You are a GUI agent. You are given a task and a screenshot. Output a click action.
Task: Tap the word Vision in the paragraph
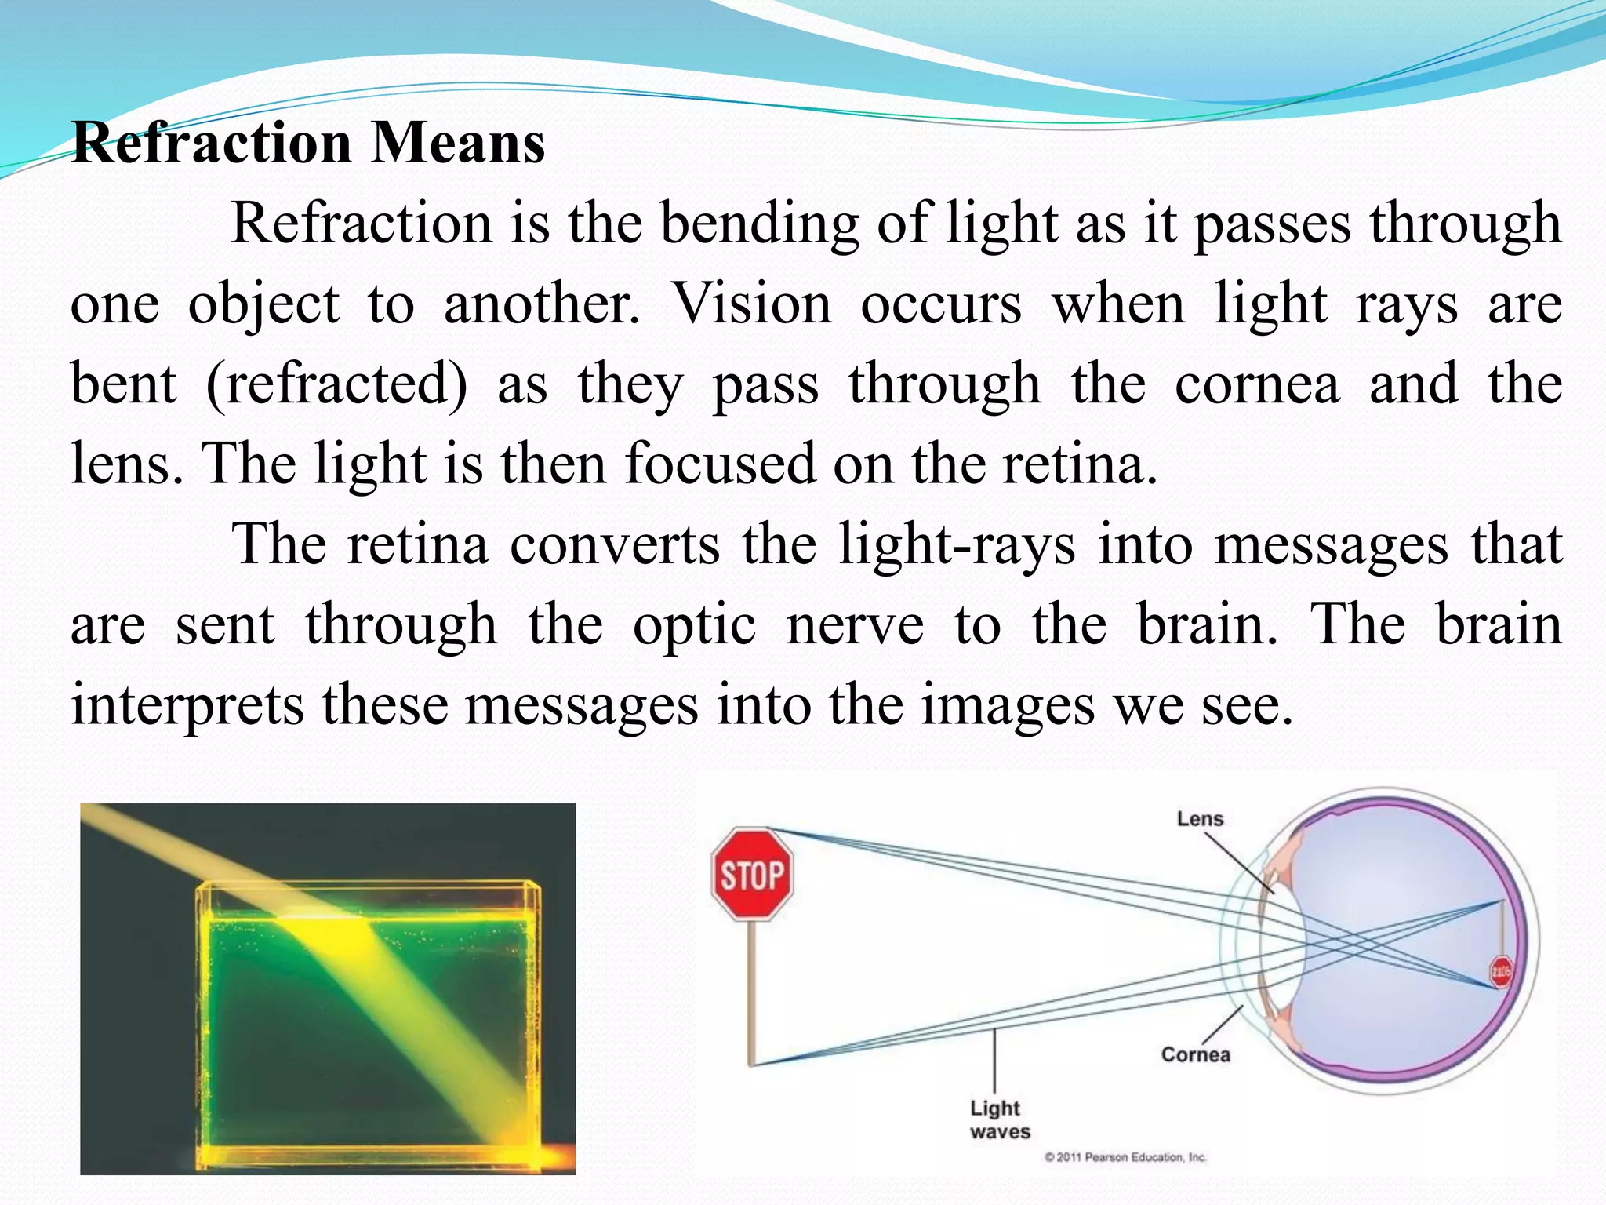(751, 304)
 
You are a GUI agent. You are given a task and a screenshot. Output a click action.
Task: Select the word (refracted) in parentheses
(336, 384)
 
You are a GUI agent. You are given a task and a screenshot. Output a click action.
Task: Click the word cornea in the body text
(1257, 384)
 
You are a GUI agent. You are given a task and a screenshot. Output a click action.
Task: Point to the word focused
(720, 464)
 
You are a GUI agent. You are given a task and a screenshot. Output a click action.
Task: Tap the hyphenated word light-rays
(957, 544)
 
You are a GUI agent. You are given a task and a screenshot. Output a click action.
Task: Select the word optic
(694, 625)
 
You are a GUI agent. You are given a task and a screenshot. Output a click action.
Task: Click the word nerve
(855, 625)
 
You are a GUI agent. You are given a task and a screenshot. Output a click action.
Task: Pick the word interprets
(187, 705)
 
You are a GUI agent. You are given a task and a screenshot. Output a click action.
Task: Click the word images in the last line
(1007, 705)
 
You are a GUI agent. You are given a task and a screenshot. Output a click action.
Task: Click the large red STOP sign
(752, 873)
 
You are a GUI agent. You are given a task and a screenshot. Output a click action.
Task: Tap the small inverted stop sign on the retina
(1500, 972)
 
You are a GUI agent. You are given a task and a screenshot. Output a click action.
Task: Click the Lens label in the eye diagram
(1200, 819)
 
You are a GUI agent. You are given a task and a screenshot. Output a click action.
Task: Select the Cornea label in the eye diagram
(1195, 1054)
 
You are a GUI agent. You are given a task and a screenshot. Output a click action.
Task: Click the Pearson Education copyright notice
(1125, 1157)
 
